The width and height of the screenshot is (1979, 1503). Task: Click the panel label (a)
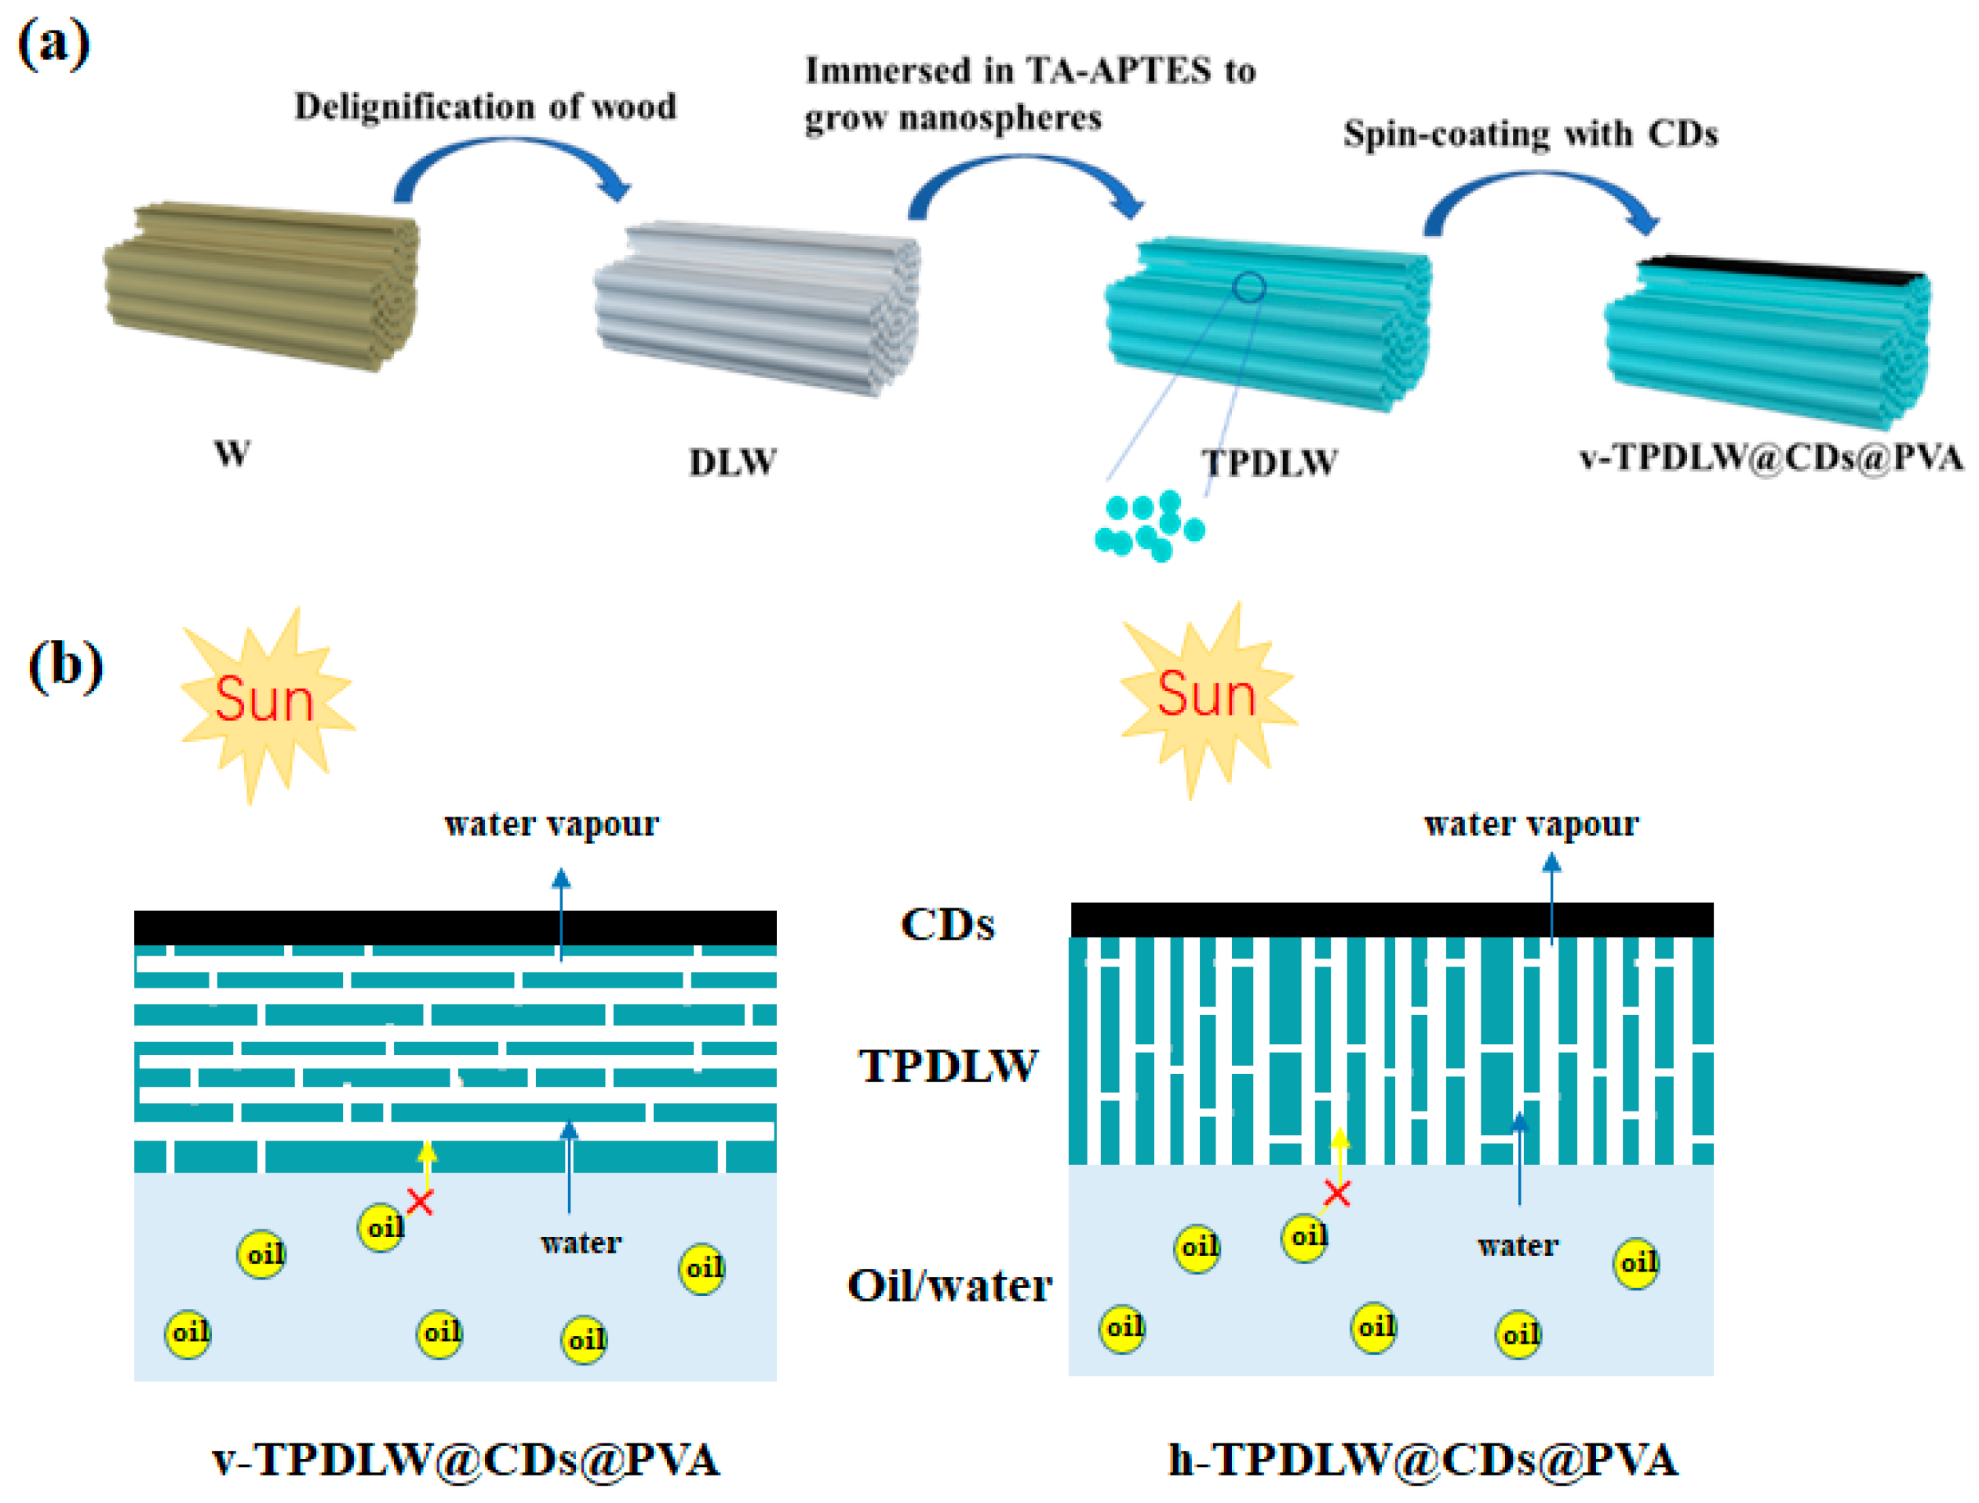coord(53,44)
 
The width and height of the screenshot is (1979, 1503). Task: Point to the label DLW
coord(733,463)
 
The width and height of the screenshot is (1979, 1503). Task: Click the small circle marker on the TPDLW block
coord(1249,287)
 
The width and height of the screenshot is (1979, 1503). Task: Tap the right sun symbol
coord(1206,696)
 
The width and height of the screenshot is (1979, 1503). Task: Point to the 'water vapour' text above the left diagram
coord(551,824)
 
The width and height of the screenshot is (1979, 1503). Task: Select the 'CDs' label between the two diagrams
coord(947,925)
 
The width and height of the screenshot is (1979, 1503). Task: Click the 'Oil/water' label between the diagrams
coord(949,1286)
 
